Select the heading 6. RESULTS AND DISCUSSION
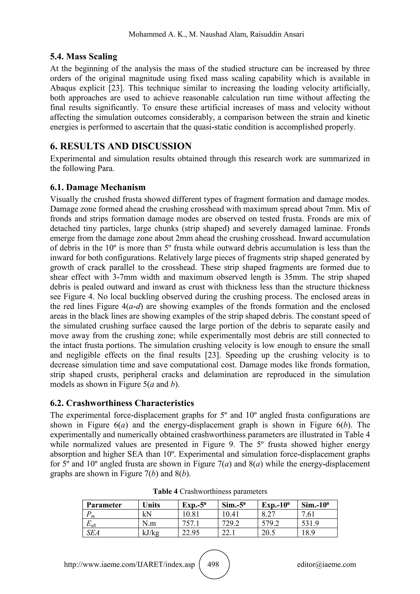pyautogui.click(x=121, y=146)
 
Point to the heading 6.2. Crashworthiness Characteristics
pyautogui.click(x=122, y=403)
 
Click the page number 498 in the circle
pyautogui.click(x=213, y=564)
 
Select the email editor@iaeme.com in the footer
pyautogui.click(x=326, y=564)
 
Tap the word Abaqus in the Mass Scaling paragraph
pyautogui.click(x=63, y=88)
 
